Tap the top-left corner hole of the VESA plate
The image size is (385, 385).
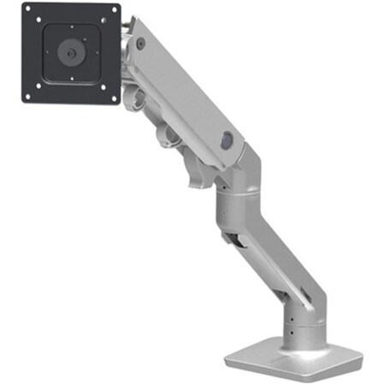click(x=29, y=15)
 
